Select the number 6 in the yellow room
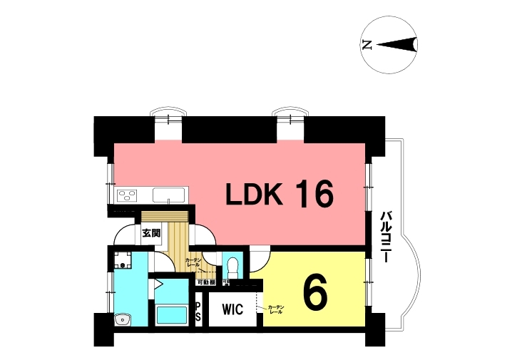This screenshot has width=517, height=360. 314,292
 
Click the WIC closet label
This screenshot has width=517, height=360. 232,310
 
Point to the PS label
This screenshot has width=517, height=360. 198,312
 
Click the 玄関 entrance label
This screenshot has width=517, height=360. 150,232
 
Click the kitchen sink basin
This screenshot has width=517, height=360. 170,194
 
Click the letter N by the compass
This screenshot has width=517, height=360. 367,45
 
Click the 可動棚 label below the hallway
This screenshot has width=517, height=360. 206,282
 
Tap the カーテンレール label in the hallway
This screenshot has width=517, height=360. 193,262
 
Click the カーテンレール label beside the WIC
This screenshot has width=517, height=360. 276,310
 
